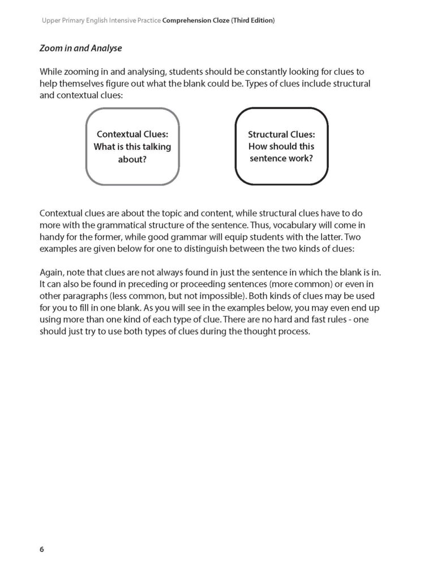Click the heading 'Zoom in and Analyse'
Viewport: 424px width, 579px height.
(80, 49)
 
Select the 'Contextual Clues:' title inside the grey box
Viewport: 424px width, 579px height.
(132, 135)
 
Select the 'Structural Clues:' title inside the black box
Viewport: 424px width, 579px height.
(281, 135)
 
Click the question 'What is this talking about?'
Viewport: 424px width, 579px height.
(132, 153)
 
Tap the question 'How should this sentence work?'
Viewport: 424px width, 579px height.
(281, 153)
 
